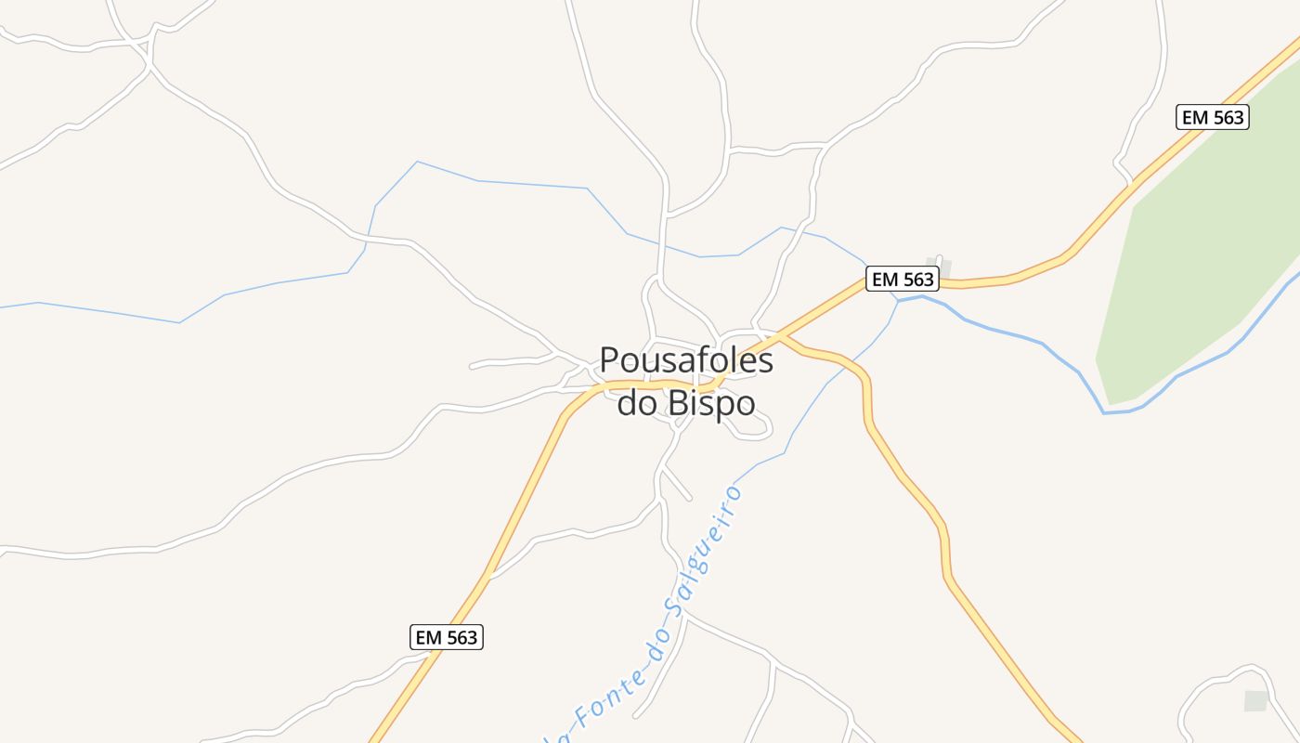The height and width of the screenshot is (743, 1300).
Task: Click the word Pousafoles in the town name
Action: tap(686, 360)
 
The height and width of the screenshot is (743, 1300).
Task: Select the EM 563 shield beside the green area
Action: tap(1212, 117)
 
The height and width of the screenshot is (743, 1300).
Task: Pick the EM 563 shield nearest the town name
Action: tap(902, 279)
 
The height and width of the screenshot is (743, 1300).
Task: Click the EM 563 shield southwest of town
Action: tap(446, 637)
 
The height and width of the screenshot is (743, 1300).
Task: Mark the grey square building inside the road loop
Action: tap(1255, 701)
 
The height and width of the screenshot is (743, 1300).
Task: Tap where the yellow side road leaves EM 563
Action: tap(780, 336)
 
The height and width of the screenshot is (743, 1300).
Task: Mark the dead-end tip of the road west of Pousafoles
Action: tap(472, 367)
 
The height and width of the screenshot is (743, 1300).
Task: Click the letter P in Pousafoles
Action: tap(609, 360)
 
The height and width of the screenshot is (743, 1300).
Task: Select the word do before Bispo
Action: tap(637, 403)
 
